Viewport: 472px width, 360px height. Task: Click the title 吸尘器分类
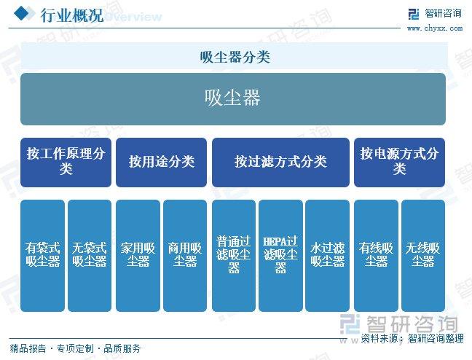235,57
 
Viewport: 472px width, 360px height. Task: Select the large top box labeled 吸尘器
233,99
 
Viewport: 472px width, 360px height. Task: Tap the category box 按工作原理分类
66,163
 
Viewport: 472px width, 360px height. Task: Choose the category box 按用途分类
162,163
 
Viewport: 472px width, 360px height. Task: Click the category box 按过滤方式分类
280,163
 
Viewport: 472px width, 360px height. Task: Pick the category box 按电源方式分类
399,163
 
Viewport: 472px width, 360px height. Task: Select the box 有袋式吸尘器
42,256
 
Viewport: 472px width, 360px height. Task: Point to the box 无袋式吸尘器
90,256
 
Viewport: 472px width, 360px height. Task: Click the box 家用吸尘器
138,256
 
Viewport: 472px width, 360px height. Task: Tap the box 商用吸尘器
185,256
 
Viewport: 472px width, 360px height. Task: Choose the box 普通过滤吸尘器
234,256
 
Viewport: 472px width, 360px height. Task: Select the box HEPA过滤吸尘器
280,256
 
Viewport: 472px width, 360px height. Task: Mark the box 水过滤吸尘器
327,256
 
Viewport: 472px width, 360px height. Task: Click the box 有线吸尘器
376,256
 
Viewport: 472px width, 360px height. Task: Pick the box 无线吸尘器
423,256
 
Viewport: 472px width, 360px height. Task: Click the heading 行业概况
72,15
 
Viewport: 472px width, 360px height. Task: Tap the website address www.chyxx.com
435,28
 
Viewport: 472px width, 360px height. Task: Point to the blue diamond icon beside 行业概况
21,13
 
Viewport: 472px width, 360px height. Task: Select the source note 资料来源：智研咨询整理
412,338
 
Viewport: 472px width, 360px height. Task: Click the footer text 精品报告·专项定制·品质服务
75,348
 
